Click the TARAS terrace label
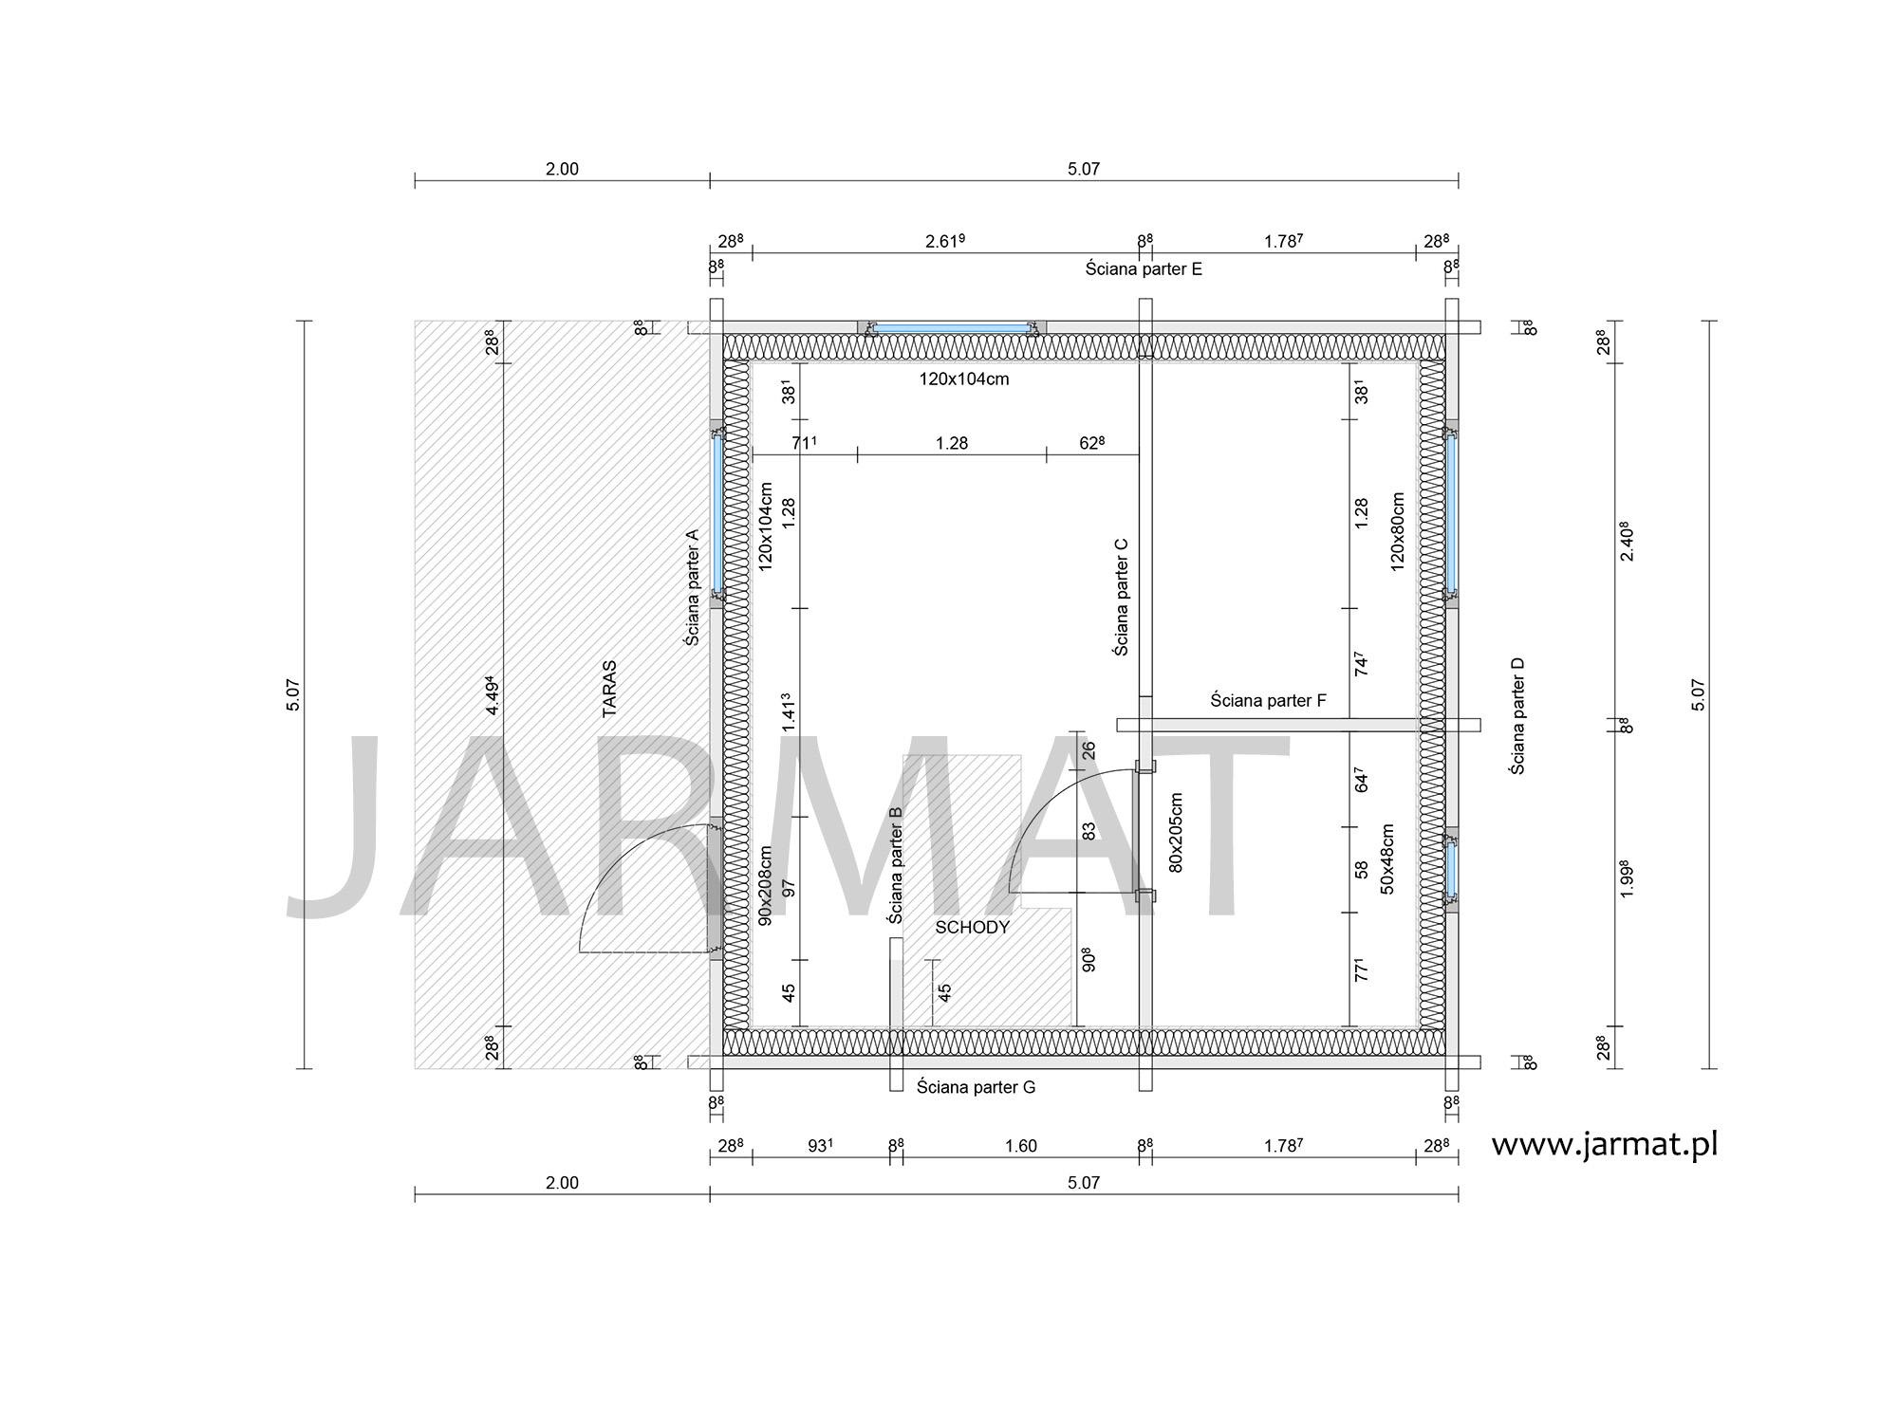609,689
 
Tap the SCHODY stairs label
972,928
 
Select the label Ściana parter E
1144,269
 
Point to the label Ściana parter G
976,1087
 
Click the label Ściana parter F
1268,701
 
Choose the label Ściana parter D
1517,715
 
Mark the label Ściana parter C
1121,598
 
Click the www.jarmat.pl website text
1605,1145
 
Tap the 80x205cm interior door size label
1176,833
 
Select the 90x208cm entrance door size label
766,886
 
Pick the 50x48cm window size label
1386,858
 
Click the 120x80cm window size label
1396,530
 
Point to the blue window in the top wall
952,328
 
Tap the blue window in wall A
717,513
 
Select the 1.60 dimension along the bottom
1021,1146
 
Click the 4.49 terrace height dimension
491,695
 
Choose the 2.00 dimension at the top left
562,169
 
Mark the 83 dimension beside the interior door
1089,830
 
